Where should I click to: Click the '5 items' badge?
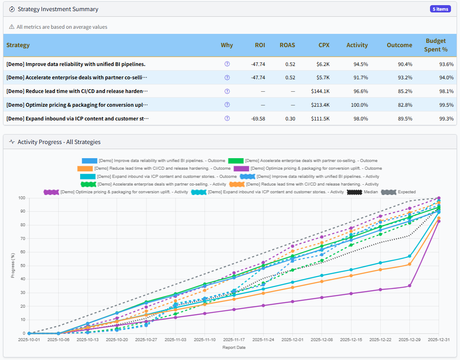440,9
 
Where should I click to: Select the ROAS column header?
287,45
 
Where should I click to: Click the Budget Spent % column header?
436,45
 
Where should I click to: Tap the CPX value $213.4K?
320,105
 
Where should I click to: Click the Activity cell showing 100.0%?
359,105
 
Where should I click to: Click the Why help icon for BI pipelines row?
227,64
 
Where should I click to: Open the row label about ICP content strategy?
77,118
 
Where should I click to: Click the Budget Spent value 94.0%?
446,78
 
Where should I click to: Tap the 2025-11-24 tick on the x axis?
263,339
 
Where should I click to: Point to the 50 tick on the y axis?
22,266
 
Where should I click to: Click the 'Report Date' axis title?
234,348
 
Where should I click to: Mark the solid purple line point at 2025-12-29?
410,286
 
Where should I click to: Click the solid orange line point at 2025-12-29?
410,264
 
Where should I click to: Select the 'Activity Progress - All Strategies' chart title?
59,141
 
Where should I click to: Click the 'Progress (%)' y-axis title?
13,266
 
